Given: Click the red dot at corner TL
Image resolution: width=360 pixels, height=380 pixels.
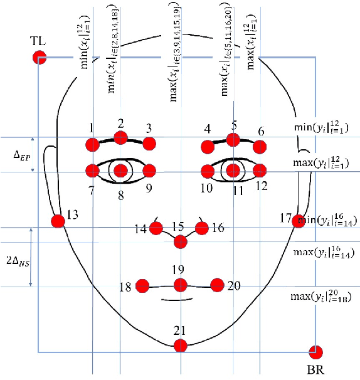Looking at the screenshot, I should tap(39, 58).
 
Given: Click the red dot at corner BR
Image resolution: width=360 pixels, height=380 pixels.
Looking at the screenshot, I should tap(316, 352).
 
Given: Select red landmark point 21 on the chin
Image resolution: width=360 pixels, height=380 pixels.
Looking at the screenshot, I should tap(181, 344).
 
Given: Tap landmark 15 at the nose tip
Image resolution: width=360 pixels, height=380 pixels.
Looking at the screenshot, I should tap(181, 241).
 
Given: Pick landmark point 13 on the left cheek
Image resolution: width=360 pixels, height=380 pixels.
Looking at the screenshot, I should tap(58, 221).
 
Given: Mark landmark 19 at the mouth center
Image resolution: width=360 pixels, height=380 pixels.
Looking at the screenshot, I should tap(181, 285).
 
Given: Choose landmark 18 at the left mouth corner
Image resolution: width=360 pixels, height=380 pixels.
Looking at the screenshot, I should tap(142, 286).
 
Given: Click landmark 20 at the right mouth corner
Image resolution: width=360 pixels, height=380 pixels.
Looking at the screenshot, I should tap(217, 285).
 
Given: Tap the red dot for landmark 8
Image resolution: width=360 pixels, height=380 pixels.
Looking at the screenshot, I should tap(121, 171).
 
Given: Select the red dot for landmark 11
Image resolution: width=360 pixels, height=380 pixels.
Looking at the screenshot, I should tap(234, 170).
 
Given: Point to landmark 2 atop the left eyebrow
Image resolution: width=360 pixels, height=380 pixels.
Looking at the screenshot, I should tap(121, 138).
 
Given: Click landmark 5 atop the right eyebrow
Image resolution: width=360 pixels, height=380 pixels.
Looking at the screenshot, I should tap(234, 139).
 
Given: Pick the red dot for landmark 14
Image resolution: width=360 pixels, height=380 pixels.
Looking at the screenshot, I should tap(156, 228).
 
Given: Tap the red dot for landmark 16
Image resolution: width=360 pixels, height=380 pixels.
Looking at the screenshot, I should tap(203, 228).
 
